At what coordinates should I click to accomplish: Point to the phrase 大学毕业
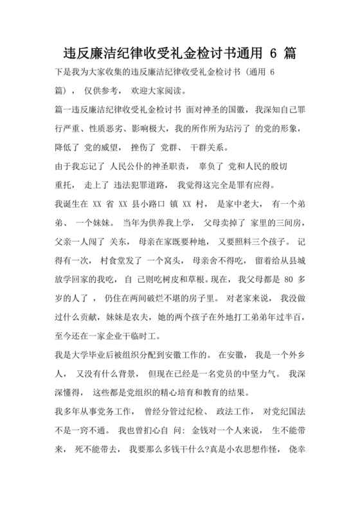pyautogui.click(x=89, y=353)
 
